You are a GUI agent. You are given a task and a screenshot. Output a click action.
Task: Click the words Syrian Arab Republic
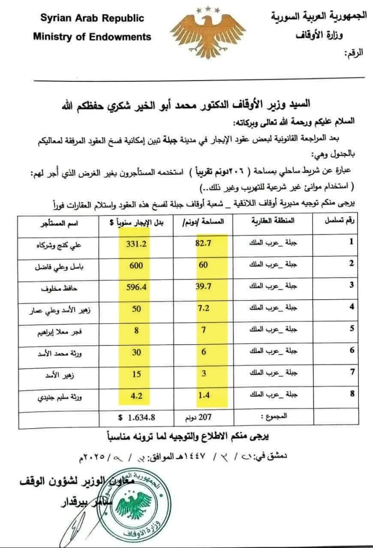point(92,18)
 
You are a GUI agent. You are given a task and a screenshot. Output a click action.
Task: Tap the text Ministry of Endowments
point(92,37)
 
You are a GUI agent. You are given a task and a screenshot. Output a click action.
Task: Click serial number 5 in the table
point(352,329)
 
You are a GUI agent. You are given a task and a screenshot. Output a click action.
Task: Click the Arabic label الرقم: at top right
point(354,54)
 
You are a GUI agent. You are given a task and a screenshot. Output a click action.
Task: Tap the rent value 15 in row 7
point(136,373)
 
